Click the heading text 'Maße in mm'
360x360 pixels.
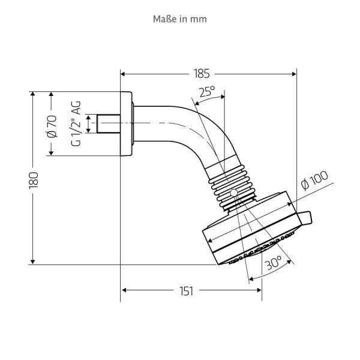(x=181, y=19)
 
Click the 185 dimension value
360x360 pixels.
(x=202, y=74)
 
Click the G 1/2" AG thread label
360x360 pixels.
(x=76, y=125)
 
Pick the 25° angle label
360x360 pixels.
(x=207, y=92)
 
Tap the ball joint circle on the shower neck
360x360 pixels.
(x=233, y=193)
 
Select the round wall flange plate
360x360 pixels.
(x=127, y=124)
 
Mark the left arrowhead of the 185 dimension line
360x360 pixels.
(x=124, y=74)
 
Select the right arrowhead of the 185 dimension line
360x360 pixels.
(x=294, y=74)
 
